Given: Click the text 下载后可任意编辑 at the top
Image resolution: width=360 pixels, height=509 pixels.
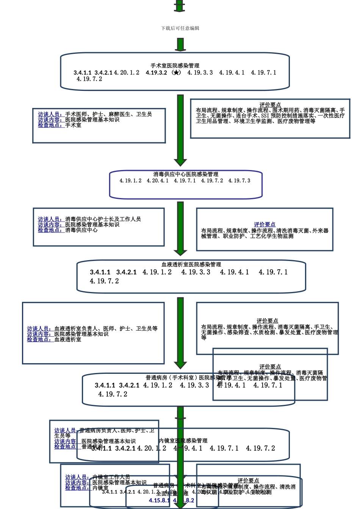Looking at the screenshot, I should [x=180, y=28].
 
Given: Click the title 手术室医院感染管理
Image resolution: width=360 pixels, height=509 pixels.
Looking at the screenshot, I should [x=175, y=66].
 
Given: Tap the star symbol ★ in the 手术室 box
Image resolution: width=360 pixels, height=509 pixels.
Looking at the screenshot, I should [x=176, y=73].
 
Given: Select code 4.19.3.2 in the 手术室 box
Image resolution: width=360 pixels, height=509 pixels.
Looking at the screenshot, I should [x=156, y=73].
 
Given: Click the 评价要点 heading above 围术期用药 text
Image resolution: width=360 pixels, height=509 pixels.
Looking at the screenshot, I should [x=270, y=105].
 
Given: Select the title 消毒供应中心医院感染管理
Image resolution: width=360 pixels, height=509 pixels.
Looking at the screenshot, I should [x=186, y=175].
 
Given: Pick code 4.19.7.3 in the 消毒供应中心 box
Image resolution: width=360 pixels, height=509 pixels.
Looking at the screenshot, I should [x=239, y=181].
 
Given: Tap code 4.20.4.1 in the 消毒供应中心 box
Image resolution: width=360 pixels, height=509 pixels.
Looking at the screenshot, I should [x=158, y=181].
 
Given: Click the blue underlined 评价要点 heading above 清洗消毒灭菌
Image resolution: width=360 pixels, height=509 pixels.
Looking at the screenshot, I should [x=265, y=225].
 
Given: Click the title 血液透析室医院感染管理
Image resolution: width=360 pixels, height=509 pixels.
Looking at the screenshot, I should [x=191, y=265].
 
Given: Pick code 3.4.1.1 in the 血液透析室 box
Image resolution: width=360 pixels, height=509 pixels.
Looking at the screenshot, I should [x=100, y=272].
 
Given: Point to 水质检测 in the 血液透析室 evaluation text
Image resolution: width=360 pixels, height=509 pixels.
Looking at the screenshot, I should [x=264, y=333].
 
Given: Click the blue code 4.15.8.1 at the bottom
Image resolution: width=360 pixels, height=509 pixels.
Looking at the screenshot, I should [x=159, y=501].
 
